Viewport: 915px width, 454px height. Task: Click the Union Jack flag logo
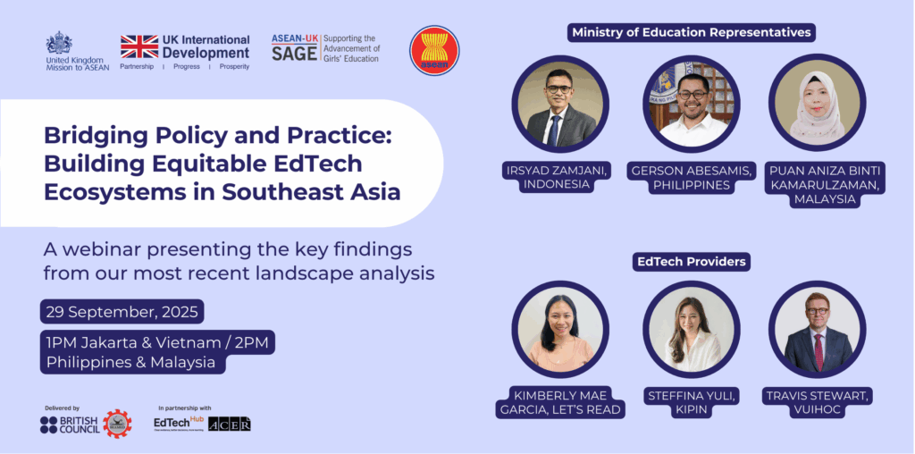139,46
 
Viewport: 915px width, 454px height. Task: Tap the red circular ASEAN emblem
434,50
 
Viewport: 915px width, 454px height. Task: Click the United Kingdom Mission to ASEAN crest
59,43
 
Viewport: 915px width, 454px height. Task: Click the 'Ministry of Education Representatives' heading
692,33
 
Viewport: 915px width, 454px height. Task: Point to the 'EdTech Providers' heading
692,262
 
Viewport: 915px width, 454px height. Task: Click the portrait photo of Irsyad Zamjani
560,105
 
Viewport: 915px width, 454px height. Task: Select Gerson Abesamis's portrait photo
692,105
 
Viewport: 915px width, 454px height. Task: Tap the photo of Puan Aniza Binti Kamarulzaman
817,105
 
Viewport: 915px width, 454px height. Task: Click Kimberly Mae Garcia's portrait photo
560,329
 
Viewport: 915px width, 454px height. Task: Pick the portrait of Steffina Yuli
692,329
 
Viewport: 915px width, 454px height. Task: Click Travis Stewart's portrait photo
817,329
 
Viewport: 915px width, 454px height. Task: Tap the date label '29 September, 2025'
122,312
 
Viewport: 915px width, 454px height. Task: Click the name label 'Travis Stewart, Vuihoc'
817,401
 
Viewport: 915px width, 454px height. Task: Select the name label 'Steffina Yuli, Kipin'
692,401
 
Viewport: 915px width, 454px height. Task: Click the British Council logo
71,425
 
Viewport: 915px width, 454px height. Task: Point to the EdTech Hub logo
179,424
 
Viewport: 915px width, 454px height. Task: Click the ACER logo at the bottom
230,424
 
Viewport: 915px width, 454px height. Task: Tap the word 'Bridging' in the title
94,137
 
